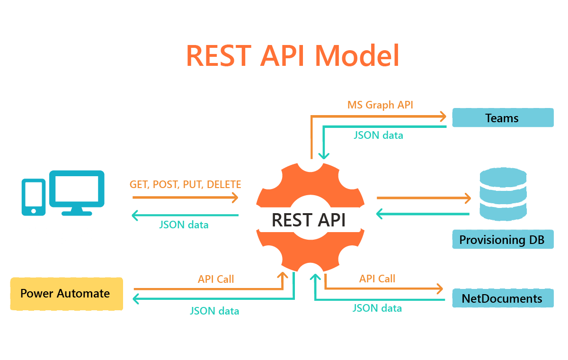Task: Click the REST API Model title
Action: (293, 56)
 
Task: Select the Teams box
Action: (502, 118)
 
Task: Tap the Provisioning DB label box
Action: (502, 240)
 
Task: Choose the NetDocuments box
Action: (502, 298)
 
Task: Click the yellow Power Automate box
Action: (66, 294)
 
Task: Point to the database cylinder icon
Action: (503, 194)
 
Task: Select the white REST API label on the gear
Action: (309, 220)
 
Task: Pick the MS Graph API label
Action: (380, 105)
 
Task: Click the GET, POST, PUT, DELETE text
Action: (185, 185)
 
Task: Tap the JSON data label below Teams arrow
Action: (378, 135)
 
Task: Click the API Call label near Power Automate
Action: (216, 279)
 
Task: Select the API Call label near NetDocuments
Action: (377, 279)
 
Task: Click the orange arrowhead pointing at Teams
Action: (443, 116)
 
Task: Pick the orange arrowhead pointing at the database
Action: (468, 198)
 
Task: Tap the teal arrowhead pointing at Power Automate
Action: (136, 298)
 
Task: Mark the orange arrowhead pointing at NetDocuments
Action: (440, 288)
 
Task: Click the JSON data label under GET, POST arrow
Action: (184, 225)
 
